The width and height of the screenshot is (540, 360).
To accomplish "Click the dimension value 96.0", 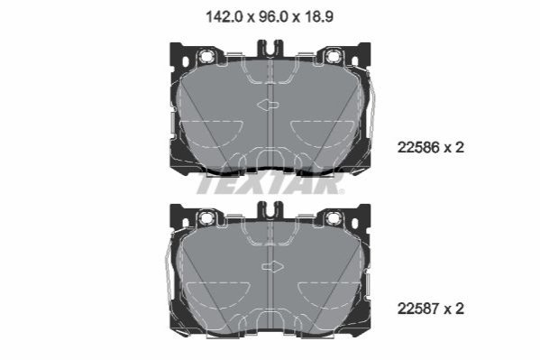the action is (x=273, y=16).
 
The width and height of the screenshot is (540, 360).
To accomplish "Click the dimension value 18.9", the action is (x=319, y=16).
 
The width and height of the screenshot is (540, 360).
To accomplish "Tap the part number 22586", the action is (x=418, y=148).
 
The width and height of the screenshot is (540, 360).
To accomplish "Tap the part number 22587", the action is (x=418, y=309).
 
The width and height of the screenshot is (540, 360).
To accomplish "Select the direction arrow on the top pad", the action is (x=268, y=105).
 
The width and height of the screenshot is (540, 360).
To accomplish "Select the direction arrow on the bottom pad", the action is (x=273, y=266).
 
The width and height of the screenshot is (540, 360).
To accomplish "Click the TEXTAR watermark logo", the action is (x=270, y=183).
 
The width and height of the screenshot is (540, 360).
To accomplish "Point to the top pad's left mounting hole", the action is (x=206, y=56).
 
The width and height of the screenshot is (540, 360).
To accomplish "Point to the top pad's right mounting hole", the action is (x=333, y=56).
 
